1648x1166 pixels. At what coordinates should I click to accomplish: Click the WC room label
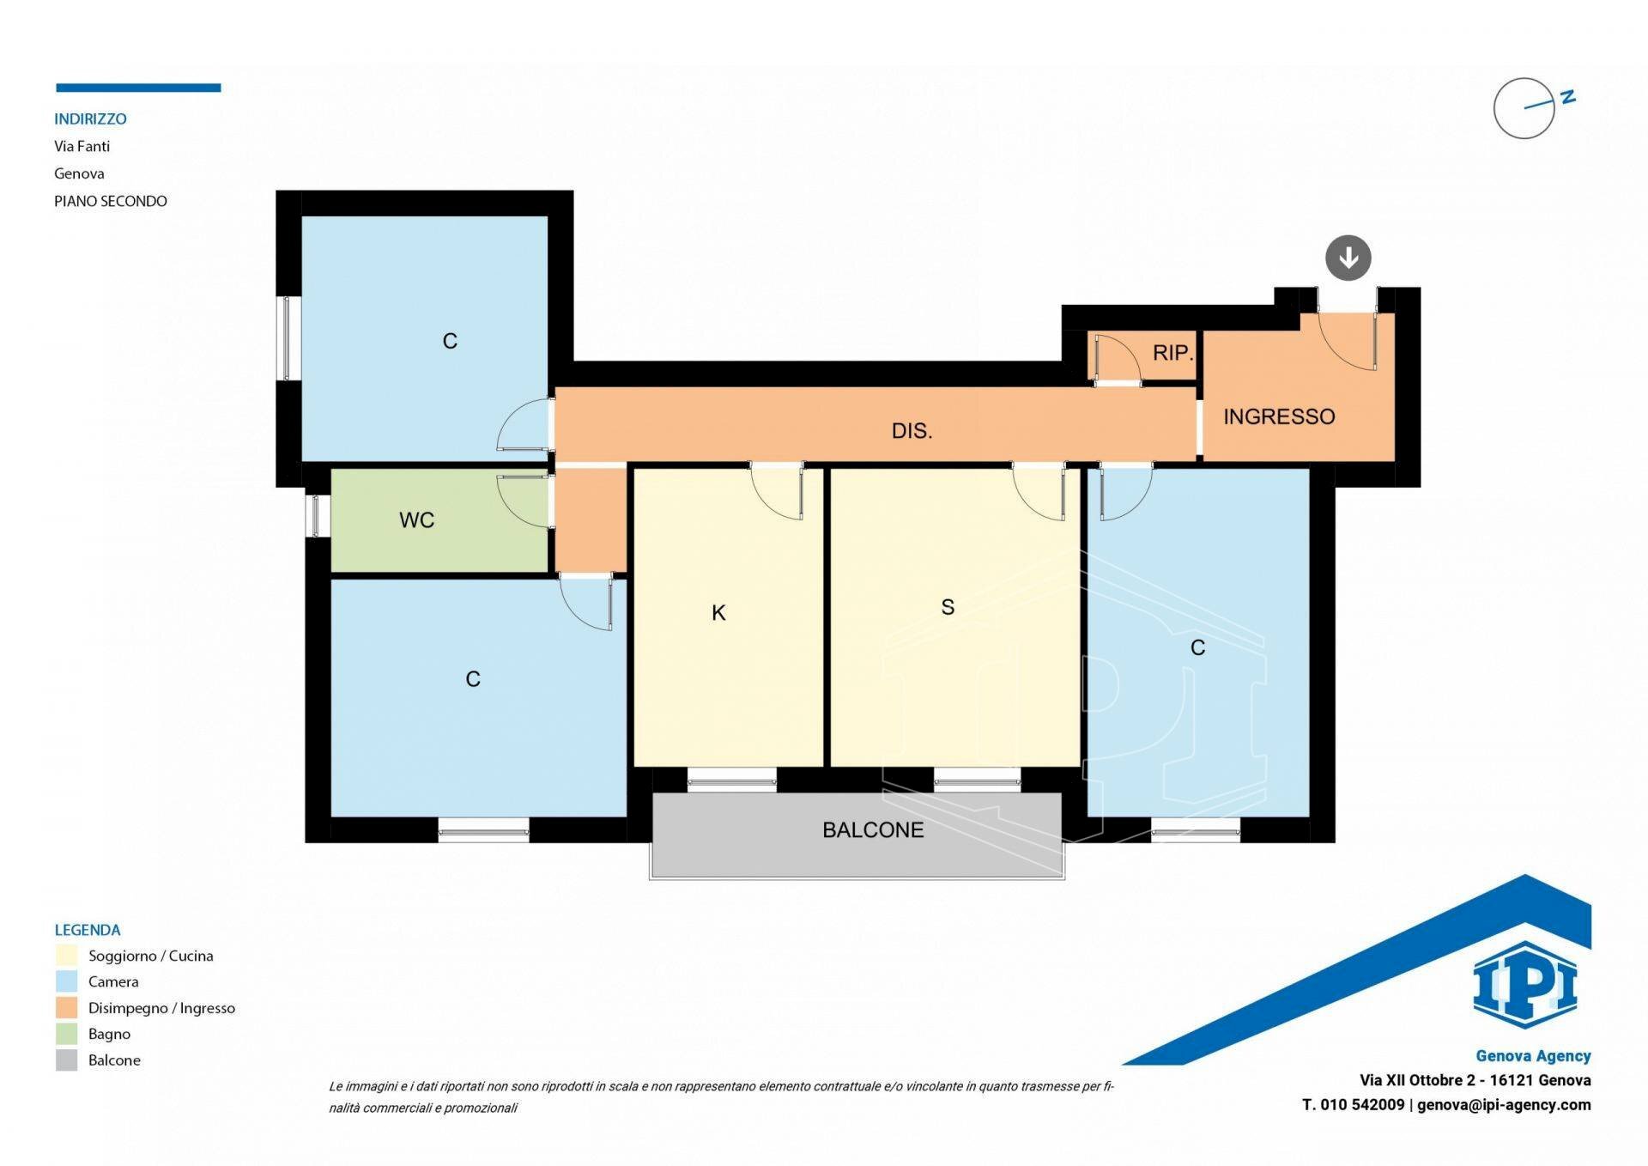pos(416,519)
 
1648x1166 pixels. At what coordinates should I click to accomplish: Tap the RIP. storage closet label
pos(1172,352)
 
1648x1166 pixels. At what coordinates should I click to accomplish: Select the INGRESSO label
pos(1279,416)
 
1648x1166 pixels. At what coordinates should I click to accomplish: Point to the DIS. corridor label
pos(912,430)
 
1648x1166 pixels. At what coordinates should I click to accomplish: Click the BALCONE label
pos(873,829)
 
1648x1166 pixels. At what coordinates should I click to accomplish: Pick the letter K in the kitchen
pos(719,612)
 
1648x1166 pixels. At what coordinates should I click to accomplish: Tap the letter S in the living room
pos(948,607)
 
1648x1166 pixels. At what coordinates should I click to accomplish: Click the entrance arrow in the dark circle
pos(1348,258)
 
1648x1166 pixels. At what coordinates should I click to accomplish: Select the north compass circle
pos(1524,108)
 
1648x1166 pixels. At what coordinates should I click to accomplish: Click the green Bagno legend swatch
pos(67,1034)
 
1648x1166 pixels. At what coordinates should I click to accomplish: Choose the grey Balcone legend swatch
pos(67,1060)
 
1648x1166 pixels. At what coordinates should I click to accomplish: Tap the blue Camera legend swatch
pos(67,981)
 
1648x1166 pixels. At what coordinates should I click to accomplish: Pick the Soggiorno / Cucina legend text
pos(150,956)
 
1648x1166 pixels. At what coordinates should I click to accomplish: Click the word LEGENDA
pos(88,930)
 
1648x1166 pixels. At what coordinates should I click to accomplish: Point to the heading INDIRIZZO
pos(90,118)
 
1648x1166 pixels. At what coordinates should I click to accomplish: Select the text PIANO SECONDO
pos(111,201)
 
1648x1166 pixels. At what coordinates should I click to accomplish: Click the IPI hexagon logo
pos(1524,985)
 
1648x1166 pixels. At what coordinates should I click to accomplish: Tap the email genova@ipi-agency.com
pos(1504,1105)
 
